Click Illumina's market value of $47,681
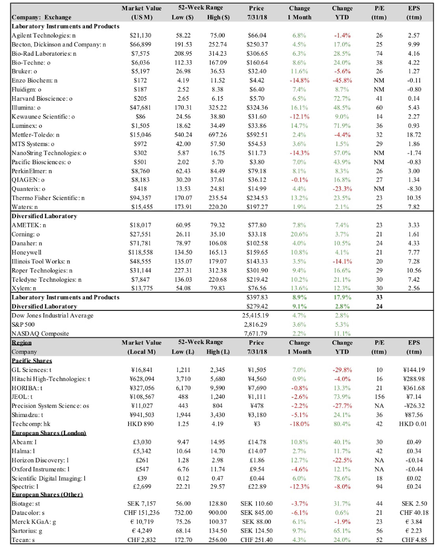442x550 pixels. (x=140, y=108)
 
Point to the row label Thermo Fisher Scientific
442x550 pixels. (x=48, y=198)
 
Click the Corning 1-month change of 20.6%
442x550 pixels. (x=299, y=234)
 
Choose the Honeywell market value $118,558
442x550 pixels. (x=140, y=252)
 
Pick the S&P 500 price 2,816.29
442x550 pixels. (x=256, y=324)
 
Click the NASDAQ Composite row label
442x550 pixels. (x=40, y=334)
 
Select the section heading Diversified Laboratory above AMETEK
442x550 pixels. (x=44, y=216)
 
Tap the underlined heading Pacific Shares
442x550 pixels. (x=32, y=361)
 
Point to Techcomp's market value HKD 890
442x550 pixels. (x=140, y=424)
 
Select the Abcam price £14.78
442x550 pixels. (x=257, y=442)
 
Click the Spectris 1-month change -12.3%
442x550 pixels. (x=299, y=487)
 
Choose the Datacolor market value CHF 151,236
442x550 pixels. (x=142, y=513)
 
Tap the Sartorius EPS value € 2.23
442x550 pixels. (x=414, y=531)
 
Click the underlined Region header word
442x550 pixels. (x=22, y=343)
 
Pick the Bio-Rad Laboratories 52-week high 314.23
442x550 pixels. (x=218, y=53)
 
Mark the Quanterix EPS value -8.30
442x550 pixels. (x=414, y=189)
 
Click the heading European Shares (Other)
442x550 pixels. (x=47, y=495)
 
